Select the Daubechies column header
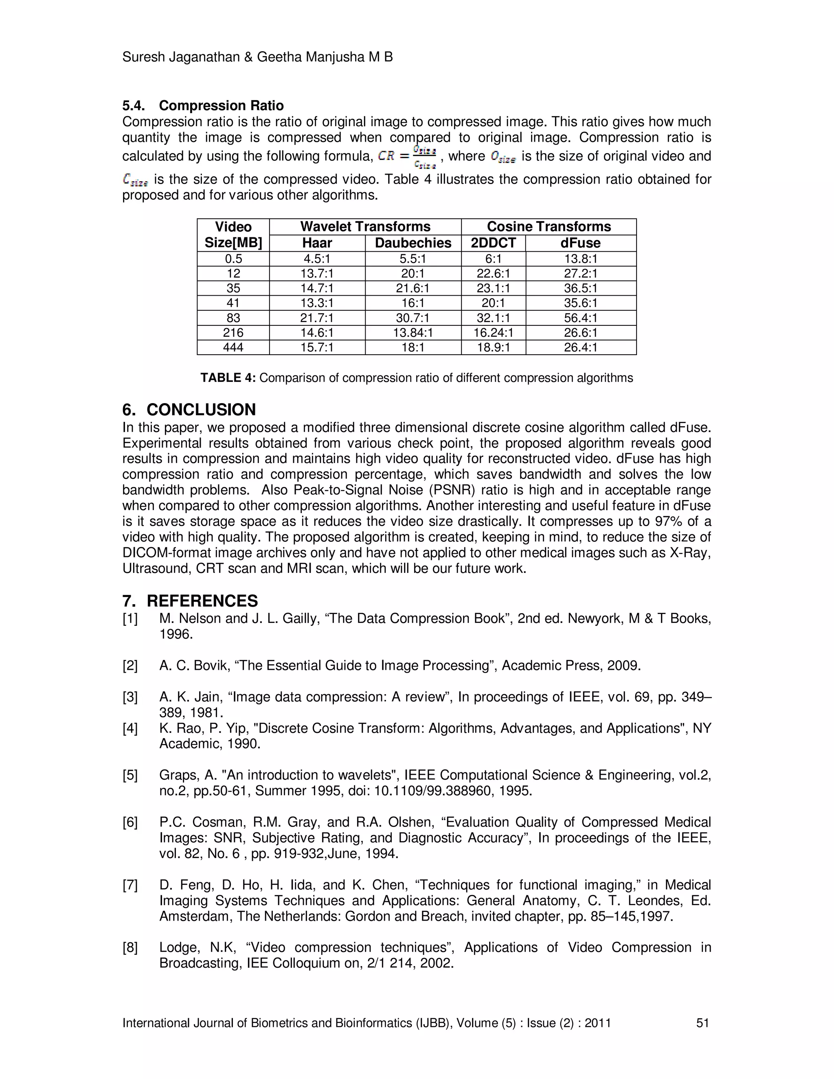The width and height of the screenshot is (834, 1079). [x=413, y=243]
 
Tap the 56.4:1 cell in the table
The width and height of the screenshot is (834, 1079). [x=581, y=318]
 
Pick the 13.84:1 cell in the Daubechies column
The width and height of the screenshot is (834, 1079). [x=413, y=333]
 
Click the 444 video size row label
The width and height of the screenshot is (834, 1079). [x=233, y=347]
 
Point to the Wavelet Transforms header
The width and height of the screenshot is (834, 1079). [x=365, y=227]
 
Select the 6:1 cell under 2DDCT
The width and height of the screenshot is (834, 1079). [x=493, y=259]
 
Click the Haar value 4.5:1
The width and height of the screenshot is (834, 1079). [x=317, y=259]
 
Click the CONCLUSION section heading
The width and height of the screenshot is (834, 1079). [x=201, y=410]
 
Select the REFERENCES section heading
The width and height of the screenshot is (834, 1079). [x=202, y=601]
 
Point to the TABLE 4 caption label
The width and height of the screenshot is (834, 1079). [x=228, y=378]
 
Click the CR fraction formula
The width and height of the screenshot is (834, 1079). [x=407, y=156]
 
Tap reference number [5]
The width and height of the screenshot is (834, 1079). [x=130, y=775]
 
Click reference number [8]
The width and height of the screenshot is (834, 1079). [x=130, y=947]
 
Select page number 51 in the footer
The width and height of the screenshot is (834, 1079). [x=702, y=1023]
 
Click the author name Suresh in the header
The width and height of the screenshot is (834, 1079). [x=143, y=57]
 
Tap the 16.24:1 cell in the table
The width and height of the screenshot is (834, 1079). [x=493, y=333]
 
